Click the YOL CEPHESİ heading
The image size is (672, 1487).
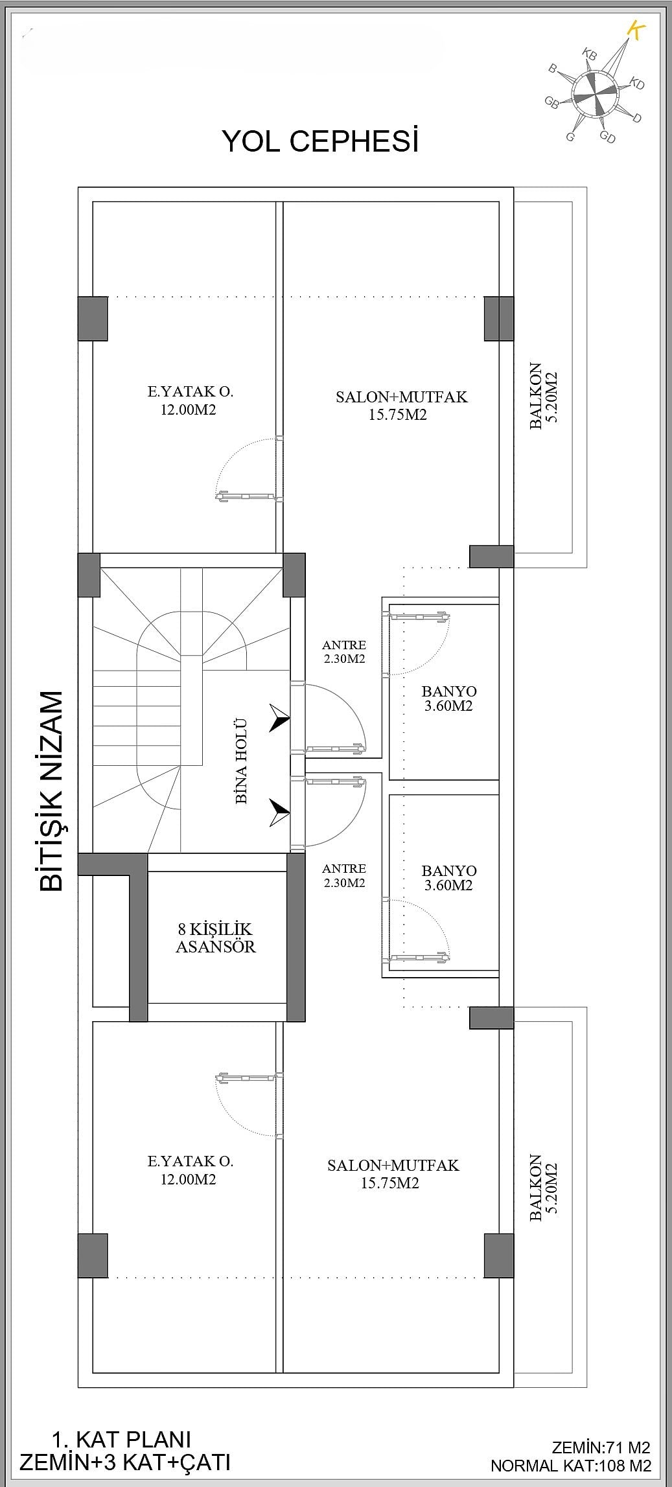point(320,141)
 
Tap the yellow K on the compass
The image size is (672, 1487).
point(637,30)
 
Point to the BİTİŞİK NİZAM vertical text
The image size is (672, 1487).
point(52,791)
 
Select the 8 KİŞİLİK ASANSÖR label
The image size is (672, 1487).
point(216,938)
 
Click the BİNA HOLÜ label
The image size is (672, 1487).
point(241,761)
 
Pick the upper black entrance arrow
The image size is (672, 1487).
point(279,719)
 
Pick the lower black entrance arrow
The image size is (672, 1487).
point(279,813)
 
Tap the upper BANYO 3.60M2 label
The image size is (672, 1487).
point(448,698)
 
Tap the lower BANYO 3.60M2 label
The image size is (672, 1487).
point(448,878)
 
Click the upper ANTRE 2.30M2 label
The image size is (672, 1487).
point(344,652)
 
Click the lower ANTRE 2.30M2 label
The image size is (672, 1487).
point(344,875)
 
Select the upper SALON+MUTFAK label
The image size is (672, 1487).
point(401,406)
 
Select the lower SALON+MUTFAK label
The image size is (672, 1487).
point(393,1173)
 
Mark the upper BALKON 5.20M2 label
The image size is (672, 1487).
point(543,396)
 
